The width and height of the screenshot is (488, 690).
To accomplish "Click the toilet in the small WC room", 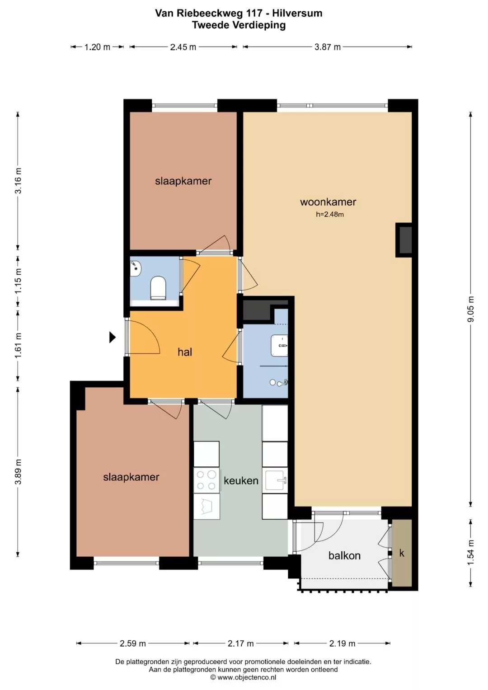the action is click(x=158, y=288).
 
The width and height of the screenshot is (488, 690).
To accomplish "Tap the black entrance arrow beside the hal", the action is click(x=113, y=337).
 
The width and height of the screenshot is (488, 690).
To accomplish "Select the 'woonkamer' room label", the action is click(x=328, y=202).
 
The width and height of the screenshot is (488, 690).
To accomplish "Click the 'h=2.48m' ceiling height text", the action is click(x=330, y=214).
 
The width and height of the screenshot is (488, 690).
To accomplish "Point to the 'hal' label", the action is click(x=185, y=352).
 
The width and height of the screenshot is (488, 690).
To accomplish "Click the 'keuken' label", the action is click(x=241, y=480).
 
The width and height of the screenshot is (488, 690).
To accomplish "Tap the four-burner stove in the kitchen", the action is click(x=206, y=480).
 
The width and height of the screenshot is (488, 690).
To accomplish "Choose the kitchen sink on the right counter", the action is click(x=275, y=480).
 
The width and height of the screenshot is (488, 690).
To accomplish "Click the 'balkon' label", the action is click(x=344, y=555).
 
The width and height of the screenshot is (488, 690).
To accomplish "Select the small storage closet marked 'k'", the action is click(x=402, y=553).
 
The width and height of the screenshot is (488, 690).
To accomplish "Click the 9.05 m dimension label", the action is click(x=471, y=309).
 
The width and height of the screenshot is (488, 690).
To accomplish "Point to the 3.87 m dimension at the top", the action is click(x=328, y=47).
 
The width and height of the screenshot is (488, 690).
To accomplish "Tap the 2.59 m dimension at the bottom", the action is click(x=133, y=643).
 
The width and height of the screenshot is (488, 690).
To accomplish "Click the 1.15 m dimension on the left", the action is click(x=18, y=281).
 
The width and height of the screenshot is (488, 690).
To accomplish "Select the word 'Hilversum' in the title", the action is click(x=297, y=13).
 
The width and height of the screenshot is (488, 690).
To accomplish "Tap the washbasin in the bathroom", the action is click(x=279, y=346).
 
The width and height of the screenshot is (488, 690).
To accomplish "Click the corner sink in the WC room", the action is click(x=135, y=268).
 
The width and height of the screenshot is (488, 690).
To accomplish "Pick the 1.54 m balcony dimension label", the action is click(x=471, y=553).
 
